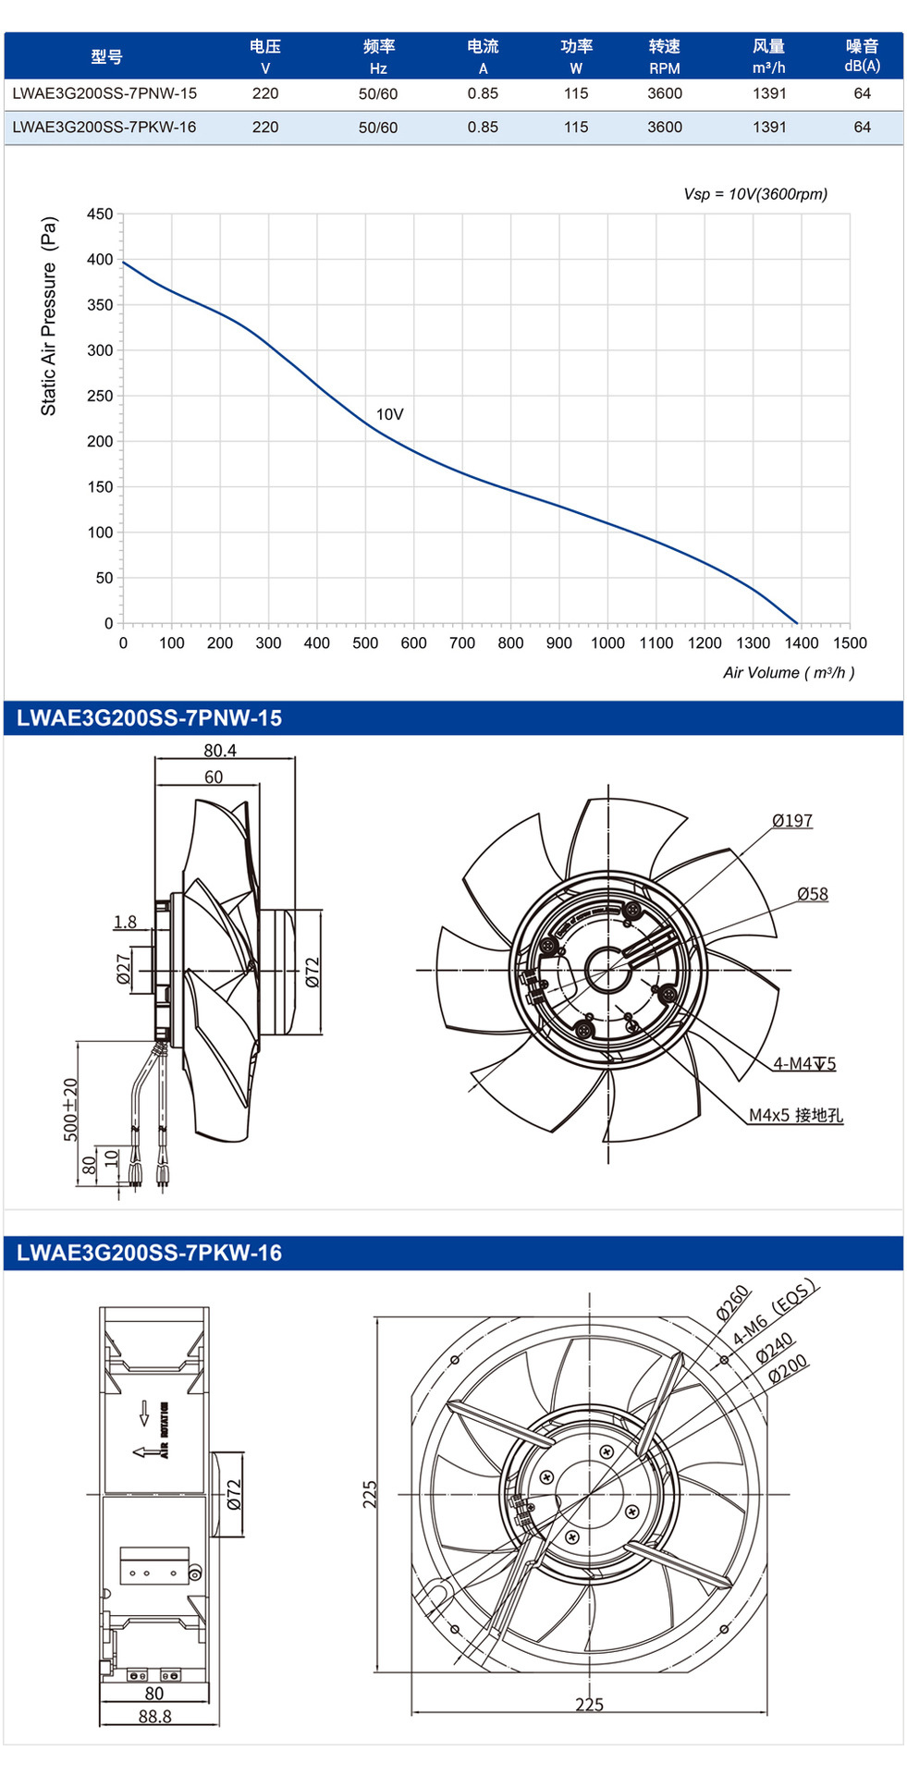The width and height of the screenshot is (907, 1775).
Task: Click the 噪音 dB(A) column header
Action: click(862, 55)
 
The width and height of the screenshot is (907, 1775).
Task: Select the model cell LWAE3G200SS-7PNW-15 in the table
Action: click(104, 93)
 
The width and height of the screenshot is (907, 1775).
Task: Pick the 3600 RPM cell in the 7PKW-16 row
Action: click(665, 128)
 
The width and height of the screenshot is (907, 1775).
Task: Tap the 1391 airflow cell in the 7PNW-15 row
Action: click(769, 93)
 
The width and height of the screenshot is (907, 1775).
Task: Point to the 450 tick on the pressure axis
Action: click(100, 214)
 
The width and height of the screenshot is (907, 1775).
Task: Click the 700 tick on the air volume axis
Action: click(462, 643)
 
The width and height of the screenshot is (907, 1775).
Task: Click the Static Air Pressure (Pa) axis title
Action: click(49, 316)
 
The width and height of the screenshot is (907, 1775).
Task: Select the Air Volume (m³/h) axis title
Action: click(789, 673)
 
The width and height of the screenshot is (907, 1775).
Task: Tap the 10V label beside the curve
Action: click(389, 414)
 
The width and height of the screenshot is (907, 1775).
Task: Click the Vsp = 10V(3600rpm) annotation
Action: click(755, 194)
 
